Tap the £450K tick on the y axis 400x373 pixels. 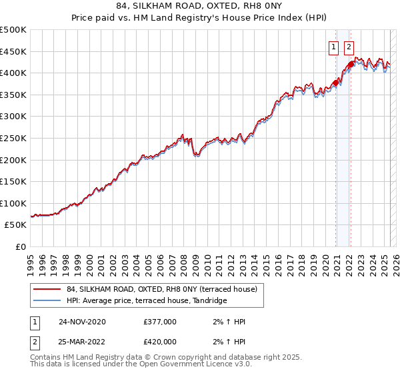[13, 51]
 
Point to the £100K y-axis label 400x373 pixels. [13, 203]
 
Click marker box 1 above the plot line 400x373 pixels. [333, 47]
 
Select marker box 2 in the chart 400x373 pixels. [349, 47]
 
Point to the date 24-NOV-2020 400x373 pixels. [82, 322]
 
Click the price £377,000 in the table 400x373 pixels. [160, 322]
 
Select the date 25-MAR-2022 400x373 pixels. [82, 342]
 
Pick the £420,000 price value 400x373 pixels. [160, 342]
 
